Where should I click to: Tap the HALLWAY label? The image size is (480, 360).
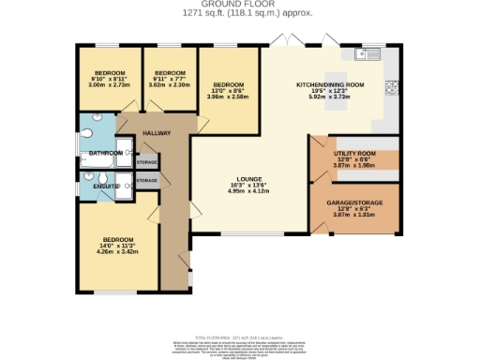coord(157,133)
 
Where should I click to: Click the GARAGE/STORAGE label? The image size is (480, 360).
coord(353,202)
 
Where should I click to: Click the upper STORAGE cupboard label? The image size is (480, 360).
coord(147,162)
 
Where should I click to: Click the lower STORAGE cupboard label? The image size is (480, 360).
coord(147,179)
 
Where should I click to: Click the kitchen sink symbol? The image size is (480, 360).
coord(371,51)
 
